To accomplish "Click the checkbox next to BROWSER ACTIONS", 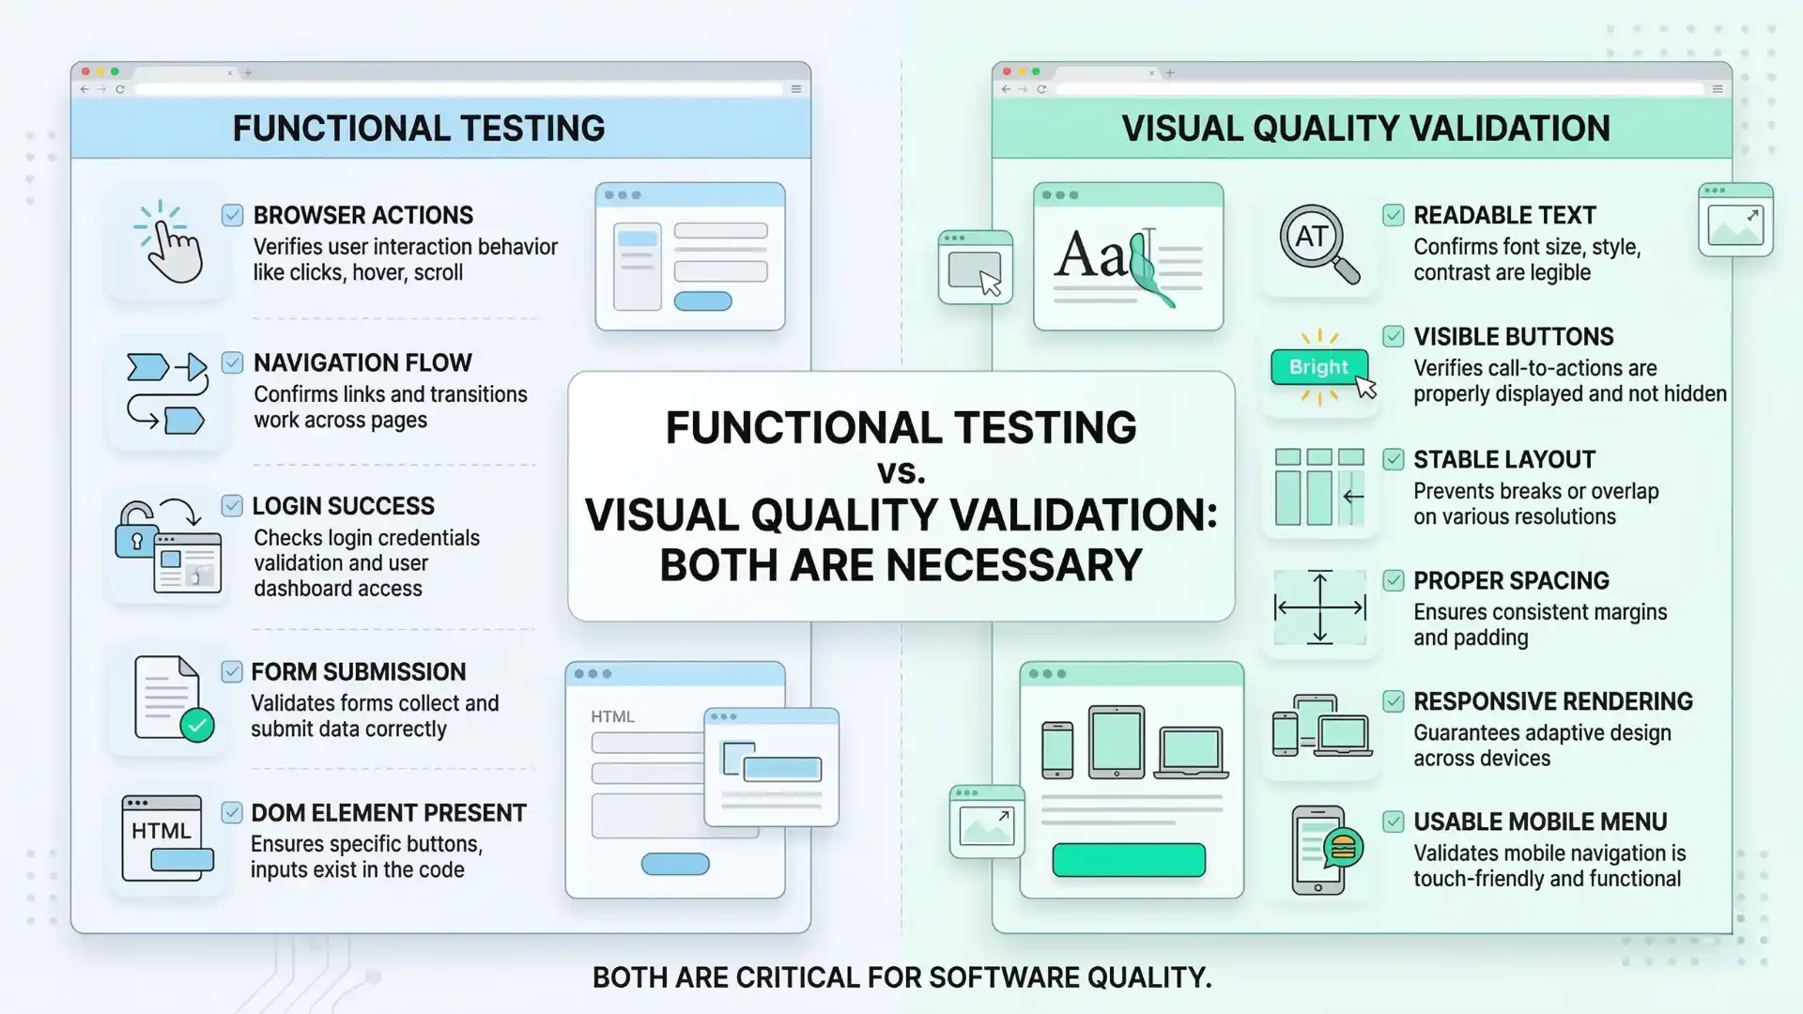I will point(233,216).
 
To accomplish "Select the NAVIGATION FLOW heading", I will point(362,363).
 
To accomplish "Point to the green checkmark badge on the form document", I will point(197,726).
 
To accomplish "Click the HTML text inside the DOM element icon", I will point(161,831).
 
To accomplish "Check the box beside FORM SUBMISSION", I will point(232,671).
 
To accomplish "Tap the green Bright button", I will point(1318,367).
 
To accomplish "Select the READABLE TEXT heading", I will point(1504,216).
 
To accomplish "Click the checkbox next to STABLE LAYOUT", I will point(1394,460).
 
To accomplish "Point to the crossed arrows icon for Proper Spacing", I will point(1319,607).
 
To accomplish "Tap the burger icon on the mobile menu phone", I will point(1344,848).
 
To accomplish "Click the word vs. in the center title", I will point(901,472).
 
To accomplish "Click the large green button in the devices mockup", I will point(1129,860).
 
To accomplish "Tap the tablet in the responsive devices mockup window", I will point(1116,742).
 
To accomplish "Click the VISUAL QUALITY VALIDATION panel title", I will point(1365,129).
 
